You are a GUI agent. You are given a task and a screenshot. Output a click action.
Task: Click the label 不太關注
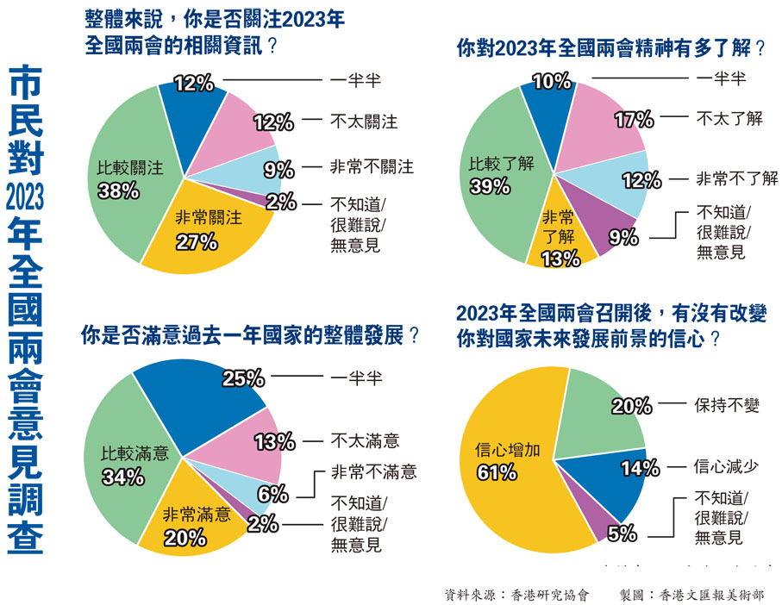point(364,122)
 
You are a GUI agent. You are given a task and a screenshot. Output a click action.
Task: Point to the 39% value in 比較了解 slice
point(488,185)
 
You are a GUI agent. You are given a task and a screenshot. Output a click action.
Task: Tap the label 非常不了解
point(737,178)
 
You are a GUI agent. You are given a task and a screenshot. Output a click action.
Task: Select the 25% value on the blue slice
point(244,378)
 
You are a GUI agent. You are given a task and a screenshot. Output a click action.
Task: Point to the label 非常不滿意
point(373,471)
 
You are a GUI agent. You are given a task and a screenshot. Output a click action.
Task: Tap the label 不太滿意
point(365,441)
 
